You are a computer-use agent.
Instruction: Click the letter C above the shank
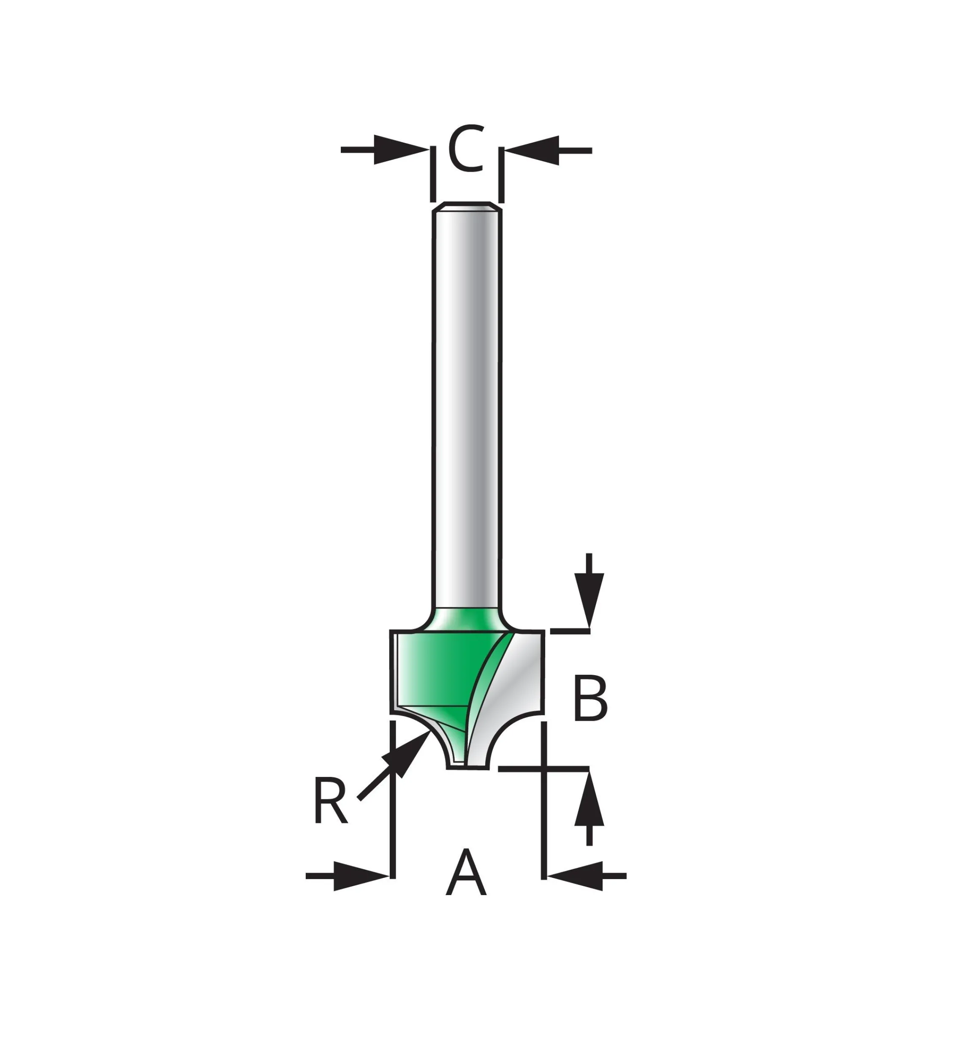pos(466,149)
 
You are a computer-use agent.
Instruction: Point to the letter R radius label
pos(330,800)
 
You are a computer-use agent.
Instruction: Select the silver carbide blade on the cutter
pos(516,687)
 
